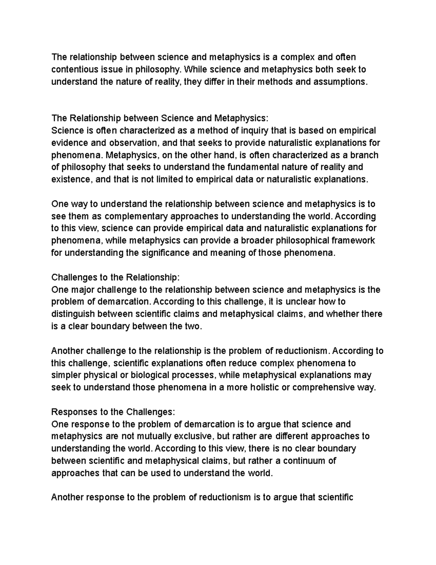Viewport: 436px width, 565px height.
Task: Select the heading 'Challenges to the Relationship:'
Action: coord(116,277)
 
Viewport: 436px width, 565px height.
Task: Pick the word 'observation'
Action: coord(133,143)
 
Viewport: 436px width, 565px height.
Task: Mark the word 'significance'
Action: coord(164,253)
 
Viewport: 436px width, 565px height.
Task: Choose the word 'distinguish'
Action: coord(73,314)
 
